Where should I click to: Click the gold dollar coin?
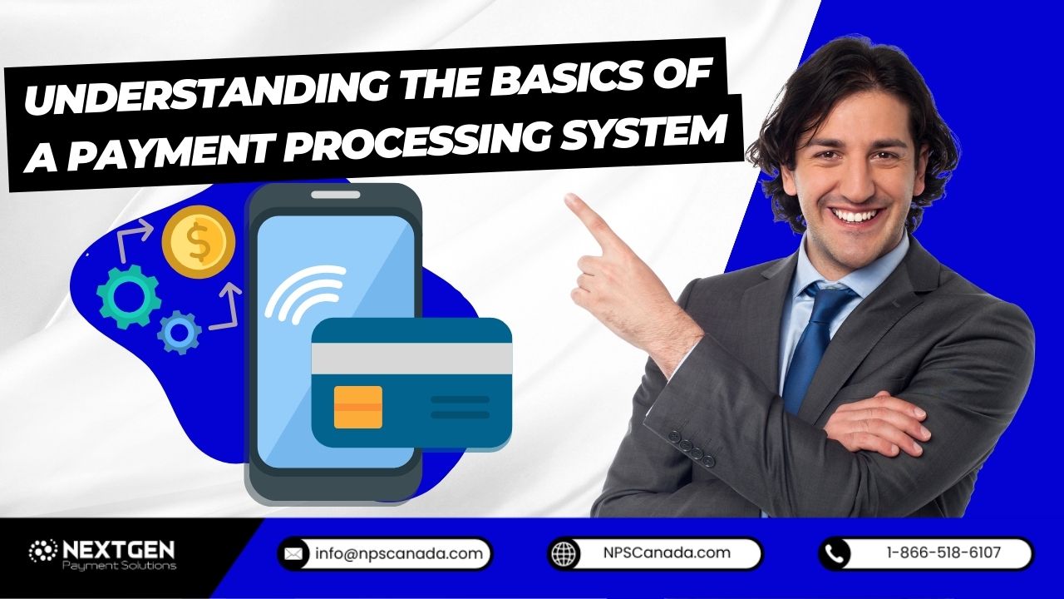[x=199, y=242]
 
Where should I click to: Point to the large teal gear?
[x=129, y=295]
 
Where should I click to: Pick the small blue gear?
[x=179, y=332]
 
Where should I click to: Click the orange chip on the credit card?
[x=357, y=407]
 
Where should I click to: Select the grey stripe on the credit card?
[x=411, y=359]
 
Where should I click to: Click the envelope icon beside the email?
[x=293, y=553]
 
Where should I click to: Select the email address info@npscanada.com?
[x=398, y=553]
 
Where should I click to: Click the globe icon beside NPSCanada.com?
[x=564, y=553]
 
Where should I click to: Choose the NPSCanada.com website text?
[x=667, y=552]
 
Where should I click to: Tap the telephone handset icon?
[x=835, y=553]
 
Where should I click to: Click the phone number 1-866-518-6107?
[x=943, y=552]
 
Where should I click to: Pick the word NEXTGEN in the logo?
[x=116, y=550]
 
